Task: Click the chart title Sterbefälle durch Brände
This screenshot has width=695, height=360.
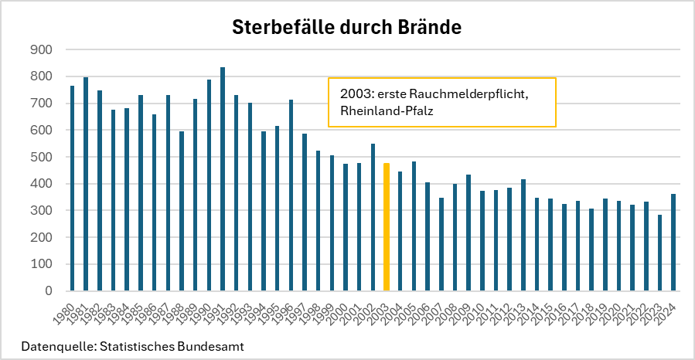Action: click(347, 29)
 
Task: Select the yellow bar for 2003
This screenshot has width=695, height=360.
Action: click(387, 227)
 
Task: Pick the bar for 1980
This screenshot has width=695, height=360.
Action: click(73, 188)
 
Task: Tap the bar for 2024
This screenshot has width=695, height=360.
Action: click(673, 243)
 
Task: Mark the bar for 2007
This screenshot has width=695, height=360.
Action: click(441, 244)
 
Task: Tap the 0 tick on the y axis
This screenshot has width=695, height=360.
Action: click(47, 291)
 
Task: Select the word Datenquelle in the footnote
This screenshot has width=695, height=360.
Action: click(53, 346)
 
